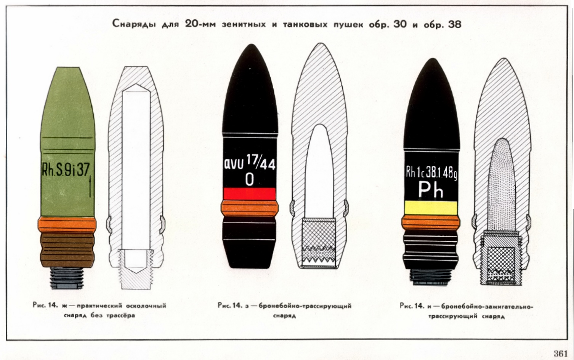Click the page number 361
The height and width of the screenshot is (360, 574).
click(x=561, y=354)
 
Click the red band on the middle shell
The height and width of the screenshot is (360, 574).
click(x=249, y=194)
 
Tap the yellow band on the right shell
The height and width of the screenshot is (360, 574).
click(x=431, y=208)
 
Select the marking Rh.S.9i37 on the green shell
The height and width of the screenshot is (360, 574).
click(x=66, y=170)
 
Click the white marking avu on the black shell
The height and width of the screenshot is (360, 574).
click(x=233, y=164)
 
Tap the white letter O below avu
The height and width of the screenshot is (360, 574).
click(x=249, y=179)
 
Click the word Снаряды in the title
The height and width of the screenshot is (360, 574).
click(x=133, y=25)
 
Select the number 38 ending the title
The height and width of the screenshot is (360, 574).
click(x=454, y=25)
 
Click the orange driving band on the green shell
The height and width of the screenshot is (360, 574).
click(x=67, y=224)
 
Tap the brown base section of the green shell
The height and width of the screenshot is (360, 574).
click(x=67, y=250)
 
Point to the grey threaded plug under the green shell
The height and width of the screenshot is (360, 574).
click(x=67, y=278)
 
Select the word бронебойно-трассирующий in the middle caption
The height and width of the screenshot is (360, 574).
click(x=305, y=306)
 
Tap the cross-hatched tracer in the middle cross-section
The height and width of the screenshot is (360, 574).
click(x=319, y=242)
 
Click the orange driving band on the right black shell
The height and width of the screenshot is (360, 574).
click(x=431, y=222)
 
